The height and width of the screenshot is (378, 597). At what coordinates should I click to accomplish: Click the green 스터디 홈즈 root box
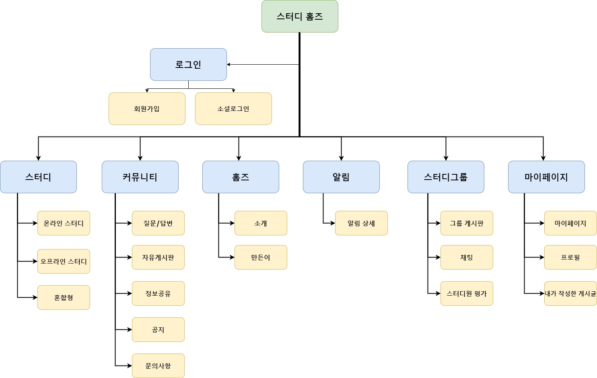(x=300, y=16)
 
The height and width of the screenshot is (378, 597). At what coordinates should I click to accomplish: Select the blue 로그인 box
(x=188, y=65)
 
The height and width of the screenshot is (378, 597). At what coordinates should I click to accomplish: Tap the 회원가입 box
(x=147, y=109)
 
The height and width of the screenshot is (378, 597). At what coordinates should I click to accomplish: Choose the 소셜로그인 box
(x=233, y=109)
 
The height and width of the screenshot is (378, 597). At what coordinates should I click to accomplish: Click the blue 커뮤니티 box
(x=140, y=177)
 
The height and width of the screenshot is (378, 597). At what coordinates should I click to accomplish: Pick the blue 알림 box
(x=341, y=177)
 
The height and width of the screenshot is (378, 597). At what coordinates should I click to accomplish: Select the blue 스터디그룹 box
(x=446, y=177)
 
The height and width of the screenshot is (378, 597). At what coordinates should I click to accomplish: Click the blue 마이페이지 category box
(x=546, y=177)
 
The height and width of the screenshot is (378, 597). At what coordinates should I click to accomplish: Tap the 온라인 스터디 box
(x=64, y=223)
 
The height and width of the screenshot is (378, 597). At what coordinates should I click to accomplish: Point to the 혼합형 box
(x=64, y=298)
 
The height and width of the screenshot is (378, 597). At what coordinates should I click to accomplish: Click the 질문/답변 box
(x=158, y=223)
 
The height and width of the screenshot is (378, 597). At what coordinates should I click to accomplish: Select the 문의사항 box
(x=158, y=366)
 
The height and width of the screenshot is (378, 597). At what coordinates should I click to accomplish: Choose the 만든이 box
(x=261, y=257)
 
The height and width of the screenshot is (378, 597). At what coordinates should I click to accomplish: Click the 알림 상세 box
(x=361, y=223)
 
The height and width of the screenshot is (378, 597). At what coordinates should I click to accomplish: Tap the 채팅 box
(x=467, y=257)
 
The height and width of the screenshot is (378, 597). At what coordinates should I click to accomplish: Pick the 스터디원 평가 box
(x=467, y=294)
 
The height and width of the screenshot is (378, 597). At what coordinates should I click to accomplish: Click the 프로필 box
(x=570, y=257)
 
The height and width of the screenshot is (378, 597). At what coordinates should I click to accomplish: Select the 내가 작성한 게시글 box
(x=570, y=294)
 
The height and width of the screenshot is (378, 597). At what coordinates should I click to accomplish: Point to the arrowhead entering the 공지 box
(x=130, y=330)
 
